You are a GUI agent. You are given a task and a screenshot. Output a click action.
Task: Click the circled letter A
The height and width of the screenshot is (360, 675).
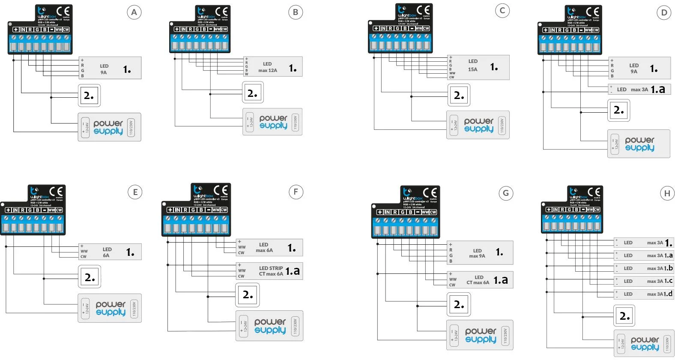coord(134,12)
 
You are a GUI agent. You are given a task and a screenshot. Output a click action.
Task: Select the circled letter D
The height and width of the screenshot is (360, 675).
coord(664,13)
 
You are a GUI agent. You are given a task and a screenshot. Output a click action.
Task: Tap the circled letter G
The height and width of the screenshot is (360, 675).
coord(506,193)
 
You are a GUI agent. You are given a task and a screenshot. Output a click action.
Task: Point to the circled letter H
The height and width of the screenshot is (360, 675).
coord(667,194)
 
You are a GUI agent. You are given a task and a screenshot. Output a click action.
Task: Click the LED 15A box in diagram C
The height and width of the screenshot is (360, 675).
coord(478,67)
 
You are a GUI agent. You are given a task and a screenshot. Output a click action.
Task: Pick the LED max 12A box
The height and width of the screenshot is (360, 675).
coord(273,67)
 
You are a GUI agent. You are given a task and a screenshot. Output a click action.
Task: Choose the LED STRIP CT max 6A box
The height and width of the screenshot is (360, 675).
coord(269,271)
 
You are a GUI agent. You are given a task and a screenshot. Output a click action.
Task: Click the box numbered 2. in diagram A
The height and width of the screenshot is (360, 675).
coord(89,96)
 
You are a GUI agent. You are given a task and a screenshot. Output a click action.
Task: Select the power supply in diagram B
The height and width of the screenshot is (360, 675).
coord(272,122)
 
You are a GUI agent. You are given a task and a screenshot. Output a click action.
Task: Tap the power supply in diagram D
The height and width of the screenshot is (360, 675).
coord(639,144)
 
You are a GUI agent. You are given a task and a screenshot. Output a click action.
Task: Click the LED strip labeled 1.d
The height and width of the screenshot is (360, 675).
coord(644,294)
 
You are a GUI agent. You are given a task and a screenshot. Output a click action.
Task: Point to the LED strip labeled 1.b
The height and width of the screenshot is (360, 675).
coord(644,268)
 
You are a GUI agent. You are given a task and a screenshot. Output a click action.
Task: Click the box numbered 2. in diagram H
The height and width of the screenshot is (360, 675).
coord(624,316)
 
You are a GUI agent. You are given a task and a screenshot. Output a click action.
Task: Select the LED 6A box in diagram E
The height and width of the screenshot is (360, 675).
coord(110,252)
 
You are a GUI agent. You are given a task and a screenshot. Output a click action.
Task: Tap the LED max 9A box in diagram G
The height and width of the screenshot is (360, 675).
coord(480,253)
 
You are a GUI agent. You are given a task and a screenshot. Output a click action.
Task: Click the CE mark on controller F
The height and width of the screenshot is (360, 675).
coord(221,190)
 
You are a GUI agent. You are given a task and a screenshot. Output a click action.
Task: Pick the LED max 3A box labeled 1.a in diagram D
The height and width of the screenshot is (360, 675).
coord(639,89)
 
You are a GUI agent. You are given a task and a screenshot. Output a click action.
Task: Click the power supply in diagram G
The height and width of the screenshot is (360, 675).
coord(480,335)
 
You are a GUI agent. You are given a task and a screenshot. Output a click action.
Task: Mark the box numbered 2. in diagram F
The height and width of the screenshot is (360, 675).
coord(248,295)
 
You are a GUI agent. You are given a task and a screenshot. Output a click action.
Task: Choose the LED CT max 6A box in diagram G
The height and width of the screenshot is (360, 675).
coord(480,280)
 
